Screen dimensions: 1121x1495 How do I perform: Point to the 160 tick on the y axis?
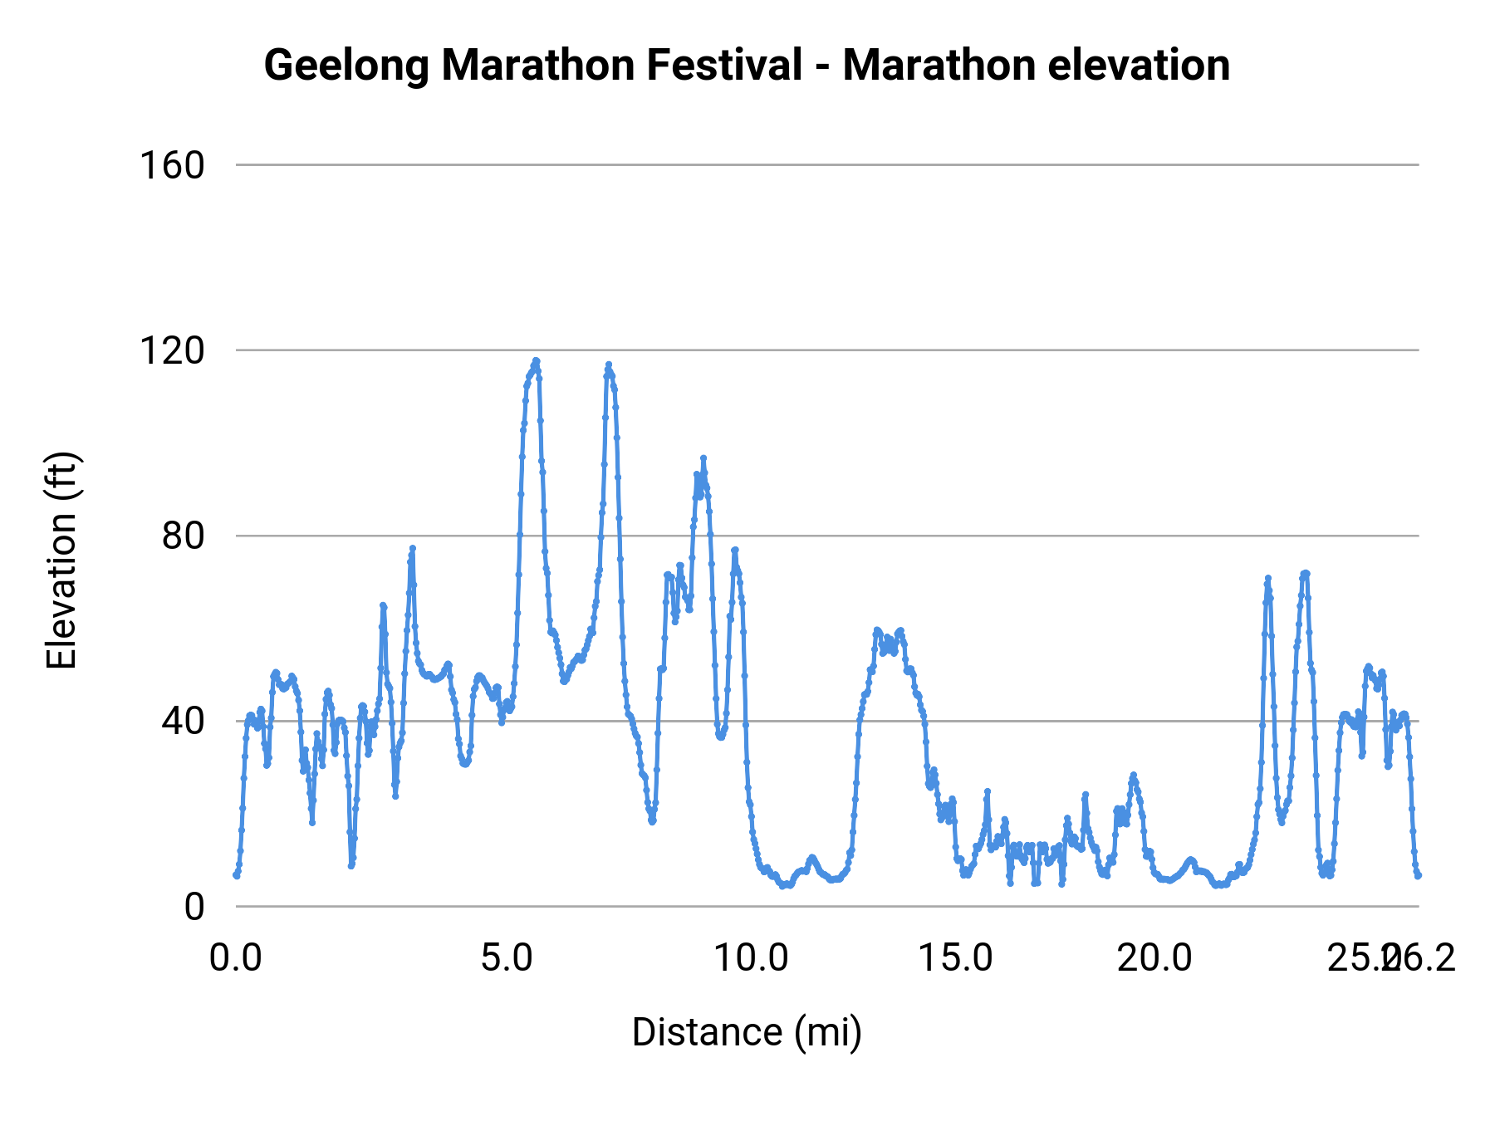(171, 165)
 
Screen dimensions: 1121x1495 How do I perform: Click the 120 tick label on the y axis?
(171, 350)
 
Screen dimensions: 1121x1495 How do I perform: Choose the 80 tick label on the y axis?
(183, 536)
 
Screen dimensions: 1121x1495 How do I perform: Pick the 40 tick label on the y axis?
(183, 721)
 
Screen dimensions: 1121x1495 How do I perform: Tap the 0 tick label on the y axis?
(194, 906)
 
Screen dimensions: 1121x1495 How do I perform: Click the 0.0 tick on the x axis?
(236, 957)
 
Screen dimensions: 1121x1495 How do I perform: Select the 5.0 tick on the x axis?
(507, 957)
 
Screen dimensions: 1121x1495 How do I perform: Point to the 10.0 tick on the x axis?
(751, 957)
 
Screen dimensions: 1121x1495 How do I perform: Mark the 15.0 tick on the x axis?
(955, 957)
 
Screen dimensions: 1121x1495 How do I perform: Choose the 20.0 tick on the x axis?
(1154, 957)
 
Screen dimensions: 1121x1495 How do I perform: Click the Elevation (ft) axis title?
(61, 560)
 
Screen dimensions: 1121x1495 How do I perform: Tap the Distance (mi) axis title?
(747, 1032)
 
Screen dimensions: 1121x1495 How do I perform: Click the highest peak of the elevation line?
(537, 360)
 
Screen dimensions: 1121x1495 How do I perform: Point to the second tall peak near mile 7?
(609, 365)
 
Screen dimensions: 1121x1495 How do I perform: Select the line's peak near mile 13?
(877, 630)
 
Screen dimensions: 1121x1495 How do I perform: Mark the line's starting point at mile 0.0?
(237, 875)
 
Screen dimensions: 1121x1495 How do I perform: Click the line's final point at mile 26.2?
(1418, 875)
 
